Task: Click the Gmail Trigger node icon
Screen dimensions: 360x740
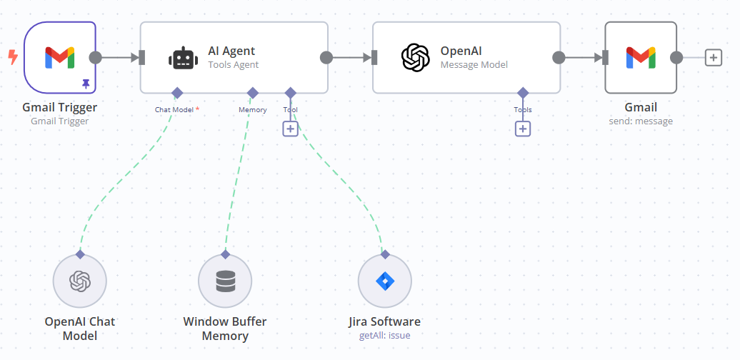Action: pyautogui.click(x=60, y=57)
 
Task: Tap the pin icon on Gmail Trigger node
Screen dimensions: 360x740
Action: pyautogui.click(x=86, y=84)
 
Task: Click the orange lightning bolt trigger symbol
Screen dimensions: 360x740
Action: pyautogui.click(x=12, y=57)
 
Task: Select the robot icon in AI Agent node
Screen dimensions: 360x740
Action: pyautogui.click(x=182, y=58)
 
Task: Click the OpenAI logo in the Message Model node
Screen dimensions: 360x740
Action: pyautogui.click(x=415, y=58)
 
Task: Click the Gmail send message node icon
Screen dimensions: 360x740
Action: pyautogui.click(x=641, y=57)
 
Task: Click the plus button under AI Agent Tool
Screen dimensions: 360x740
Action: pyautogui.click(x=290, y=129)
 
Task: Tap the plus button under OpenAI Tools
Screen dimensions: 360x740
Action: pyautogui.click(x=523, y=129)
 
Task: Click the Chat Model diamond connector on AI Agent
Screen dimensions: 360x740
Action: pyautogui.click(x=177, y=93)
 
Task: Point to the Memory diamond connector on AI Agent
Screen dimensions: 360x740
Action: pyautogui.click(x=252, y=93)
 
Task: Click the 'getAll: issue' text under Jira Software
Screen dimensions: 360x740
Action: pyautogui.click(x=384, y=335)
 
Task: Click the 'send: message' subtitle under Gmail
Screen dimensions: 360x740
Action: pyautogui.click(x=641, y=121)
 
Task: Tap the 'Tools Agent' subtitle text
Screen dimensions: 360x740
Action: pyautogui.click(x=233, y=65)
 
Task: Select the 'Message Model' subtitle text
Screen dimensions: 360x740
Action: pyautogui.click(x=474, y=65)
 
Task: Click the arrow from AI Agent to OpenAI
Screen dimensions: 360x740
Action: pyautogui.click(x=351, y=58)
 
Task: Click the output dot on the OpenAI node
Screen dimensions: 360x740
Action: pyautogui.click(x=559, y=58)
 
